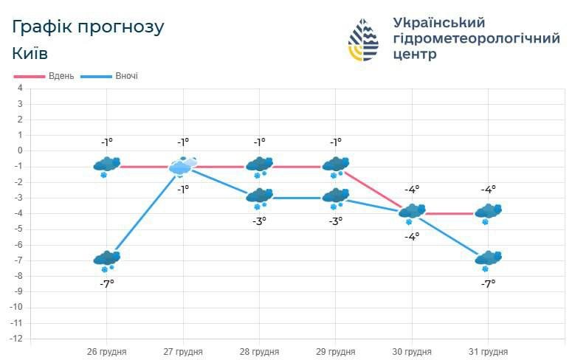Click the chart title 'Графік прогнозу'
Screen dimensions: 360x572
(88, 27)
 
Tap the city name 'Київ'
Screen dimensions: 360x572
(30, 54)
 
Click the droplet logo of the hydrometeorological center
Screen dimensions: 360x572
(363, 40)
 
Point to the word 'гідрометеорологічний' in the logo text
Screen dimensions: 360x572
(477, 38)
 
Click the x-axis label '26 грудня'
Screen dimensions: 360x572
(106, 352)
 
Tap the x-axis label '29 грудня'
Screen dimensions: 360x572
(335, 352)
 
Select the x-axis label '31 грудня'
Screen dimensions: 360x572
(488, 352)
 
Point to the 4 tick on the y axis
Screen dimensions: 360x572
(20, 88)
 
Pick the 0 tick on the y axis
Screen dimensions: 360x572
(20, 150)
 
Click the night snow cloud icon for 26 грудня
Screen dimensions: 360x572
(107, 260)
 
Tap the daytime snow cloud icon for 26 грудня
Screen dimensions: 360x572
(107, 166)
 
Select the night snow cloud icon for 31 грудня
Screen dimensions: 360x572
(488, 260)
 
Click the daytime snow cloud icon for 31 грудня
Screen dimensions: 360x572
(488, 212)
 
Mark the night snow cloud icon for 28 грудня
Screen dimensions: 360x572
(259, 197)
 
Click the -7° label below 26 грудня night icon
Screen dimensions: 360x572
(107, 283)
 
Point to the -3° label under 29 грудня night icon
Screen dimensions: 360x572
(336, 221)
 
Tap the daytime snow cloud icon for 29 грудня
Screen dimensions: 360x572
(336, 166)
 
